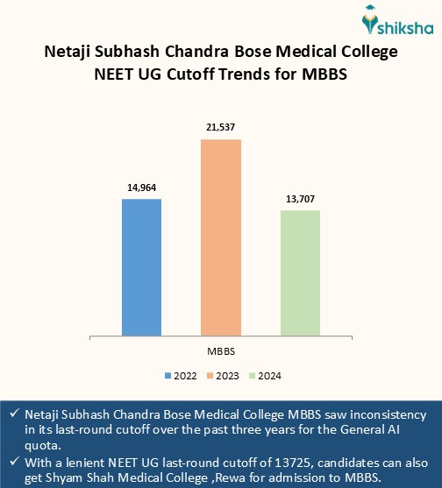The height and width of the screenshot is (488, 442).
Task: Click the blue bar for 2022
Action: pyautogui.click(x=141, y=266)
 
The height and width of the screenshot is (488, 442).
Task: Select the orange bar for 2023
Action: pyautogui.click(x=221, y=237)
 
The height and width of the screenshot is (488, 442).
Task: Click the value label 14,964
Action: pyautogui.click(x=141, y=187)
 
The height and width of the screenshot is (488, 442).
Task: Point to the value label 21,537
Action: pyautogui.click(x=221, y=128)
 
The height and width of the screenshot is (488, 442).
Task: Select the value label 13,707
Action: pyautogui.click(x=300, y=199)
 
